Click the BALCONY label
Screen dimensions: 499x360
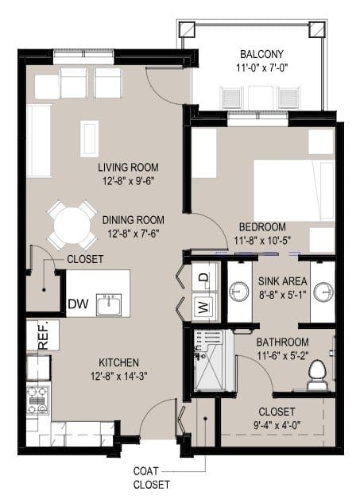coord(257,54)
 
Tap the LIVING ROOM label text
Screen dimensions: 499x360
coord(128,168)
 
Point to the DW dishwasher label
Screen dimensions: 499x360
coord(78,303)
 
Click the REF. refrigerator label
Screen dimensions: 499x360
coord(42,335)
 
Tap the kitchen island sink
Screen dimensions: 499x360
coord(109,304)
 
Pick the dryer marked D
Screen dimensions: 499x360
coord(202,277)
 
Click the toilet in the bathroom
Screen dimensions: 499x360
coord(317,374)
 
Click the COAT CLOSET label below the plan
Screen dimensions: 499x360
coord(151,476)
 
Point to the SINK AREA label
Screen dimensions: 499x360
coord(277,280)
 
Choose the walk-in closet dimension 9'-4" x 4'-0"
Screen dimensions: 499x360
coord(277,425)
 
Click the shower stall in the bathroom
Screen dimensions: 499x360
coord(210,362)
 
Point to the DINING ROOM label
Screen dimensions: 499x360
coord(136,220)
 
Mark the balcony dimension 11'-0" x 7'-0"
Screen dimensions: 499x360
coord(257,68)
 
